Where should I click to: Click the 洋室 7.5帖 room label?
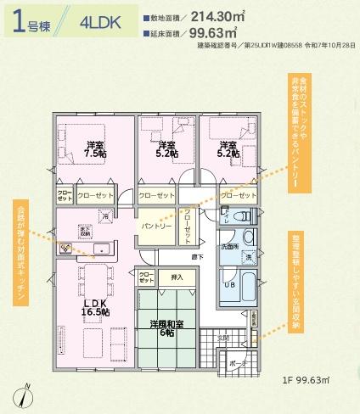coord(95,150)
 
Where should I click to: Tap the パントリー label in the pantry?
coord(157,227)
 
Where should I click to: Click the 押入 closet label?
coord(177,277)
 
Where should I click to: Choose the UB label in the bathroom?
coord(228,285)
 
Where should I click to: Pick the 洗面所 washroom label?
coord(229,246)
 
